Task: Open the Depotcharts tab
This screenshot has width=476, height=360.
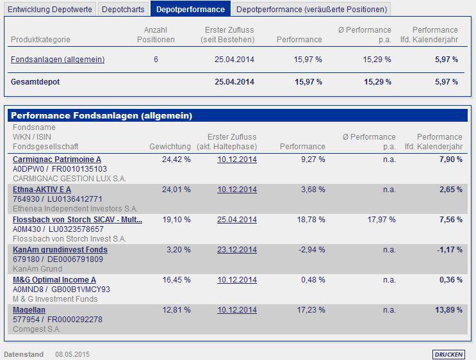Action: [124, 9]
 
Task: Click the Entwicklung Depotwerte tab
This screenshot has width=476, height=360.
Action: [51, 9]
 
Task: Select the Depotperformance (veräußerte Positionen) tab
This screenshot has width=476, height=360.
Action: [311, 9]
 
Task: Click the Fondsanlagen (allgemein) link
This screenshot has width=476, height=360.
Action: [58, 60]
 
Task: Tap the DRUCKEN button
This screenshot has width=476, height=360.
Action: [448, 354]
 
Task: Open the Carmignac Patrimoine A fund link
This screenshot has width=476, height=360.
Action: [57, 160]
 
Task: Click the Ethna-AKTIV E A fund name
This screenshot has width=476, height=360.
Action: [42, 190]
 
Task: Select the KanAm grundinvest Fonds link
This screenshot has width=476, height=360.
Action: [60, 250]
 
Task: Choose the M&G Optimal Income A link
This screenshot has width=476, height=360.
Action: [54, 280]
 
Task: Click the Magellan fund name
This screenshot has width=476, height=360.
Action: [29, 310]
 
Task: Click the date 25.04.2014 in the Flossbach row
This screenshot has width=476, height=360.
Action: [237, 220]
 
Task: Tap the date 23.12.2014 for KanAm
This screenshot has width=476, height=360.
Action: [237, 250]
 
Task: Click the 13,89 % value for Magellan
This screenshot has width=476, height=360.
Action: [448, 310]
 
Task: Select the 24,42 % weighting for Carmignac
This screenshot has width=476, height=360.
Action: [177, 160]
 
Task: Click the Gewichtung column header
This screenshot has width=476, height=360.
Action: [170, 147]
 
